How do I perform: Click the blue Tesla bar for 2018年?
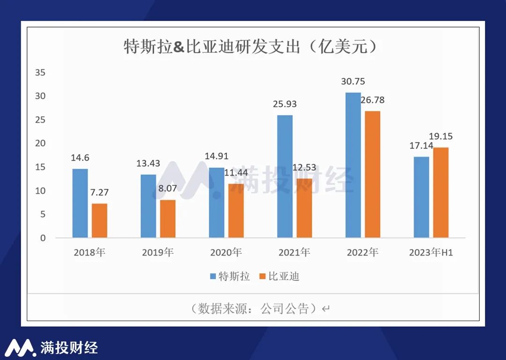point(80,203)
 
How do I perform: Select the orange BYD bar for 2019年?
point(168,219)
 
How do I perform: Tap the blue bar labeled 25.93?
point(285,176)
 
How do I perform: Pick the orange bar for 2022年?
point(372,174)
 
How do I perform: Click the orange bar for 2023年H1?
point(441,192)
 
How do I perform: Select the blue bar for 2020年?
point(216,202)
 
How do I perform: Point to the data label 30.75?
point(353,81)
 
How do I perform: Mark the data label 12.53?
point(304,168)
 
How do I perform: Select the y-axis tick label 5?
point(43,214)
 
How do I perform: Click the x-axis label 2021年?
point(294,253)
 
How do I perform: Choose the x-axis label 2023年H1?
point(431,253)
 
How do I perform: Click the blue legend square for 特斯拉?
point(213,277)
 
